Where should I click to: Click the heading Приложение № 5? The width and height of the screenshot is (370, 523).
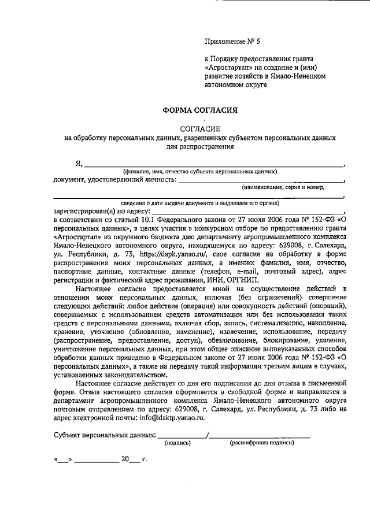[233, 41]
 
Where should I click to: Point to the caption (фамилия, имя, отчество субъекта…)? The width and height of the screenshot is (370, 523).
[199, 172]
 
